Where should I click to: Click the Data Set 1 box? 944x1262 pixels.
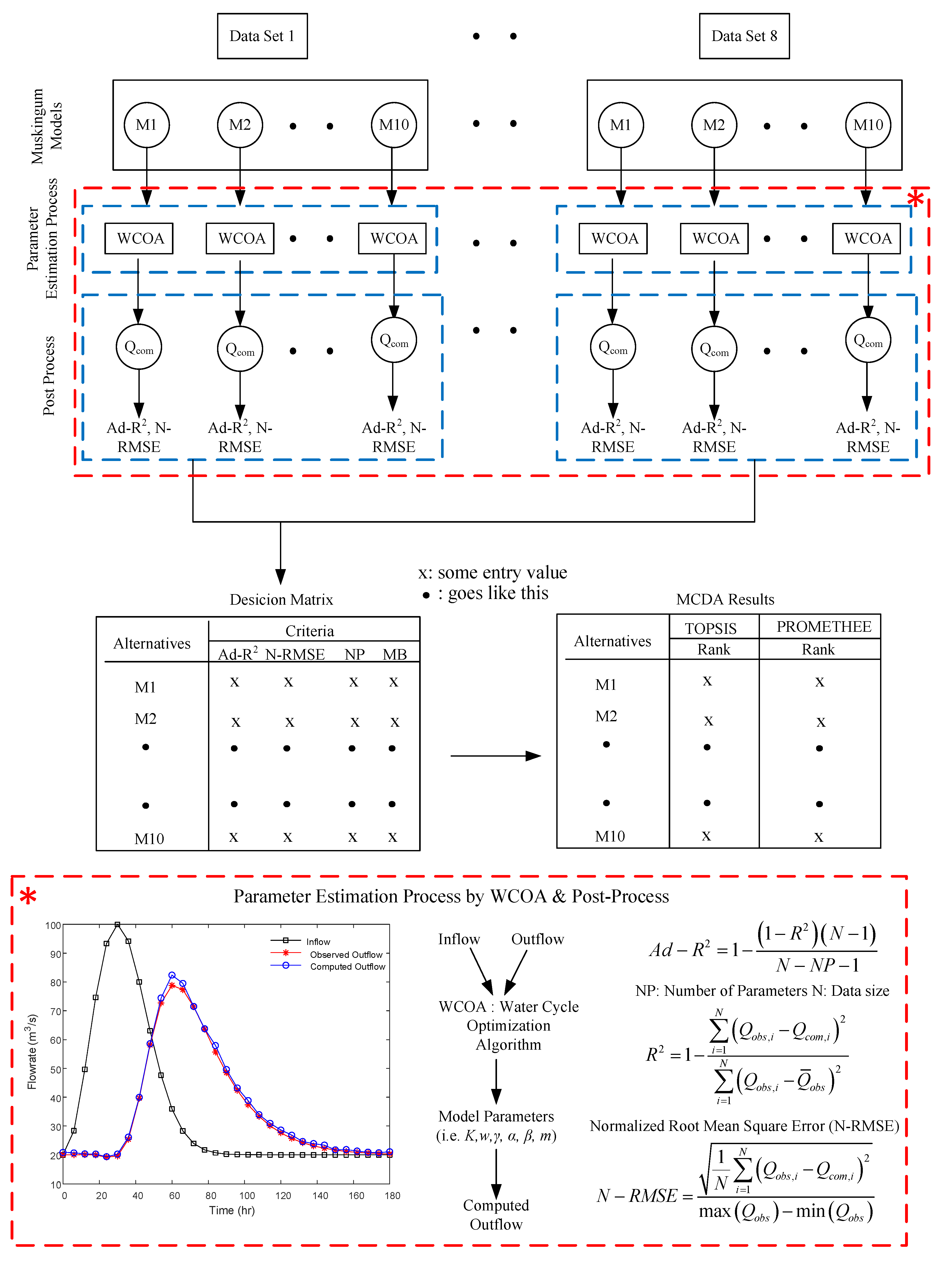262,36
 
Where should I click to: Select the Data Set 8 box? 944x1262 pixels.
744,36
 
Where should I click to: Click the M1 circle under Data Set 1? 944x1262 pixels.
146,125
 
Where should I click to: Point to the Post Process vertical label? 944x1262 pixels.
49,375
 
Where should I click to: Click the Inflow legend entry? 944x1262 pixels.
318,942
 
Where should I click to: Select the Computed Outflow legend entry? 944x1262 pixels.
347,966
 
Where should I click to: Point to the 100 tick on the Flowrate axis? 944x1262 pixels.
53,925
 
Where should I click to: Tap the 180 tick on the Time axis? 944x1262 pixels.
392,1196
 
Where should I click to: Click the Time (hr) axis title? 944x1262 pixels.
231,1211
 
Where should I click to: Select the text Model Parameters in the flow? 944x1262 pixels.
496,1117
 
